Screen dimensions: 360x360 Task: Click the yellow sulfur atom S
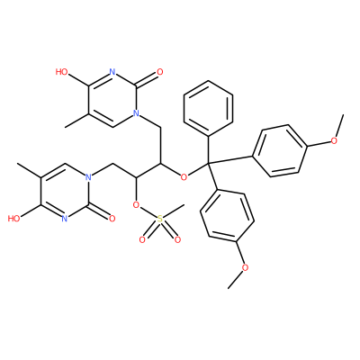[160, 220]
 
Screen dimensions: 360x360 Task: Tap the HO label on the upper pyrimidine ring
[61, 72]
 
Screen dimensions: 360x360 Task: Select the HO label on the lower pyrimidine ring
[13, 219]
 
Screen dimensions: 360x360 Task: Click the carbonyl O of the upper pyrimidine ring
[160, 72]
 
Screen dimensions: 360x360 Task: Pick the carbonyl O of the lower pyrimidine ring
[112, 219]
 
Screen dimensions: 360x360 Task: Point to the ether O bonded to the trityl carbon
[184, 177]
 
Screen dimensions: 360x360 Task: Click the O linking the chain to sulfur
[136, 205]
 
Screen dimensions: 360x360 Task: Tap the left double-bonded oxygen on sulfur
[142, 240]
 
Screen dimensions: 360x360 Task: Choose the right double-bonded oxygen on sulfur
[177, 240]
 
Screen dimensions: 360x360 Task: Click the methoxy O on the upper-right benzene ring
[334, 140]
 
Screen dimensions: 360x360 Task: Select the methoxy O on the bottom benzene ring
[245, 267]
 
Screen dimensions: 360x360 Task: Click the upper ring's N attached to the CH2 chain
[136, 113]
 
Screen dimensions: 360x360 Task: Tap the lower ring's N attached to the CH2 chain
[88, 177]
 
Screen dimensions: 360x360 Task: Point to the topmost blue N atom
[112, 72]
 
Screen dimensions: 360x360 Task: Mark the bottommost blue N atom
[64, 219]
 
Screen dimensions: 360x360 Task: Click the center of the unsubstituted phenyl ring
[208, 108]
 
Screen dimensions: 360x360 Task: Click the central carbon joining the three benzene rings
[208, 163]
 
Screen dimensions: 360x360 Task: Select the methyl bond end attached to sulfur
[184, 206]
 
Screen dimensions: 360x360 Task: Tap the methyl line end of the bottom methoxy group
[229, 289]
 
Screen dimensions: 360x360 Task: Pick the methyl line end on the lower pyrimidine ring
[18, 164]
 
